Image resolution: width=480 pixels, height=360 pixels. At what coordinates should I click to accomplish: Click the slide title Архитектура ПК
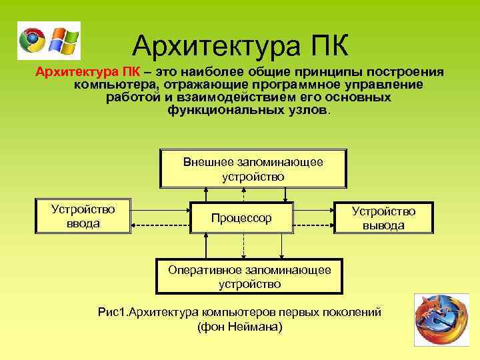pyautogui.click(x=239, y=45)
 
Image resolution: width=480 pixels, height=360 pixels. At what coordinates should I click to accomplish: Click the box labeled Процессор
pyautogui.click(x=241, y=218)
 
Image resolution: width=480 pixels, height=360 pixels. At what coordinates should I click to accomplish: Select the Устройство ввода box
pyautogui.click(x=83, y=216)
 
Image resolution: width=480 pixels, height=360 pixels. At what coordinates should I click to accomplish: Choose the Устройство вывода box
pyautogui.click(x=383, y=218)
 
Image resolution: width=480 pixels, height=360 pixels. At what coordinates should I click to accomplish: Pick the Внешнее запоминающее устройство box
pyautogui.click(x=253, y=169)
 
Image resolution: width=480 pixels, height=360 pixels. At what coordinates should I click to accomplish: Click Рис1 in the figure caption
pyautogui.click(x=109, y=312)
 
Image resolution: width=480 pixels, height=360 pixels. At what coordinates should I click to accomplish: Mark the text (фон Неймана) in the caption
pyautogui.click(x=240, y=327)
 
